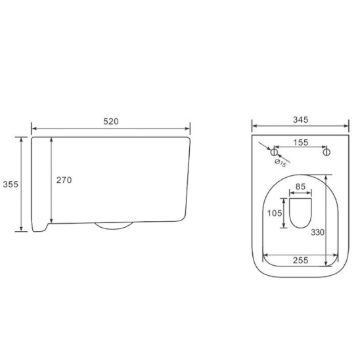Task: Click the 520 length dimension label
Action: click(110, 122)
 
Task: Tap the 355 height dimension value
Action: click(9, 184)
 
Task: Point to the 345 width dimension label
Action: click(300, 119)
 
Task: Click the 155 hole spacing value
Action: click(300, 141)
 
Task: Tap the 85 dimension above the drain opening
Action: click(300, 186)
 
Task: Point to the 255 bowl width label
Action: click(300, 261)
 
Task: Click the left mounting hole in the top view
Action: click(274, 152)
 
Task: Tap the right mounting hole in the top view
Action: click(326, 152)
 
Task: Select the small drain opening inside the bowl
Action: click(300, 213)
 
